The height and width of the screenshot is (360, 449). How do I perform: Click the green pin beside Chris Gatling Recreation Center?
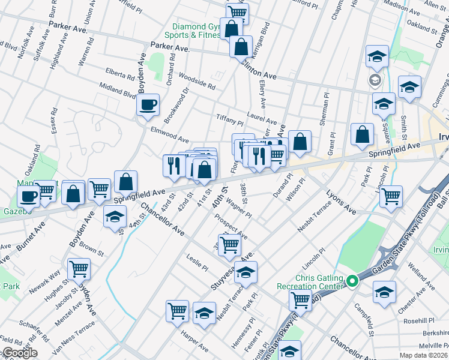point(352,280)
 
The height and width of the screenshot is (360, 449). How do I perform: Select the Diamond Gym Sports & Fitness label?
point(196,31)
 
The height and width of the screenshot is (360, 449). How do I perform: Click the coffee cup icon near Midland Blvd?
point(148,106)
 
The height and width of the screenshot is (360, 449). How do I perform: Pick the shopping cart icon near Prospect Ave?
point(229,244)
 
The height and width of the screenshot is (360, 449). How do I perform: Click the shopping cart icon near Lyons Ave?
point(391,196)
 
